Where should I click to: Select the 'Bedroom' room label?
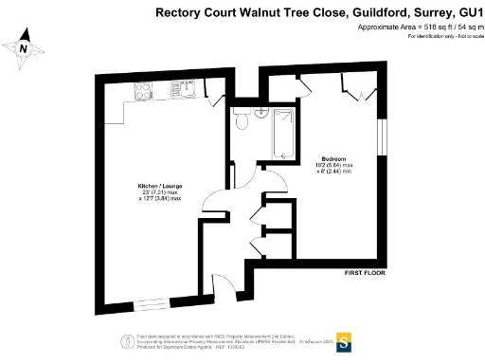click(332, 157)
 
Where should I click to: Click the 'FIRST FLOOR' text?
click(364, 273)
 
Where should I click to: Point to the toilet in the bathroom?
click(242, 118)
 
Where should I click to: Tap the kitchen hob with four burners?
click(144, 92)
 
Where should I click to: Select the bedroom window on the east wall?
click(383, 136)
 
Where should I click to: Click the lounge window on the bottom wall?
click(147, 302)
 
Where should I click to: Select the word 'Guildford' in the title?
click(377, 12)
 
